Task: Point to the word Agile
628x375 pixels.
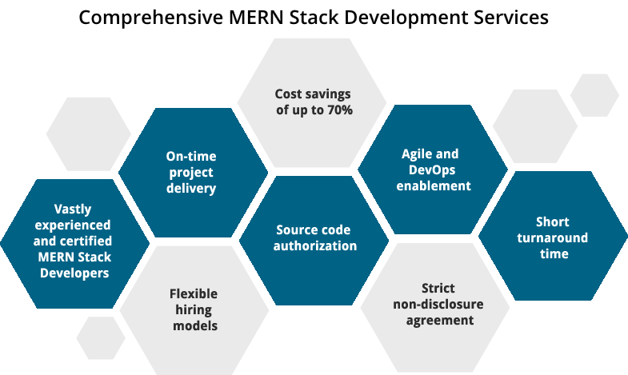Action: click(418, 154)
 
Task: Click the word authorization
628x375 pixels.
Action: click(315, 245)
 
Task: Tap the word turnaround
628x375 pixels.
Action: click(552, 238)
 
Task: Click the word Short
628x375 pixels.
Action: click(552, 222)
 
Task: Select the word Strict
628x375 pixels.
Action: click(438, 288)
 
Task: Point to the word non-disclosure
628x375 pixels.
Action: click(438, 304)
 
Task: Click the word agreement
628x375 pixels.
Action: click(438, 320)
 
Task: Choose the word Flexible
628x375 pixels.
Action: click(194, 293)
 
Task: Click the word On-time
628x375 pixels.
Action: click(191, 156)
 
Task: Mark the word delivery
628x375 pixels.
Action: click(191, 188)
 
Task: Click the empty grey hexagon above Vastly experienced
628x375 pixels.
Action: click(89, 134)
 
